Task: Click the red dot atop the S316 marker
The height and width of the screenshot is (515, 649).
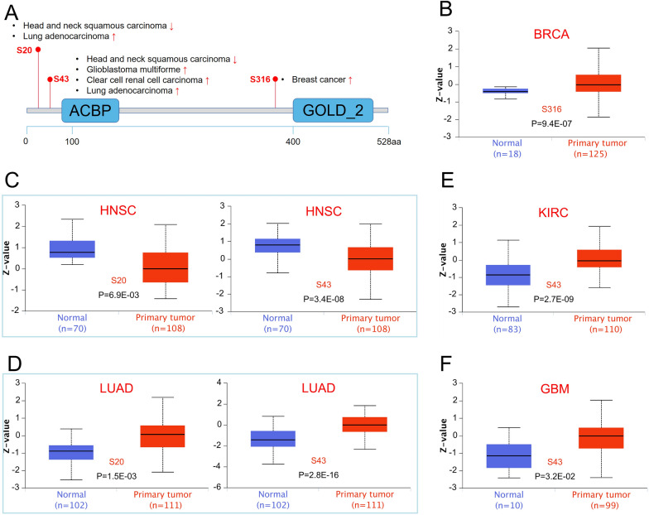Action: pos(276,79)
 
